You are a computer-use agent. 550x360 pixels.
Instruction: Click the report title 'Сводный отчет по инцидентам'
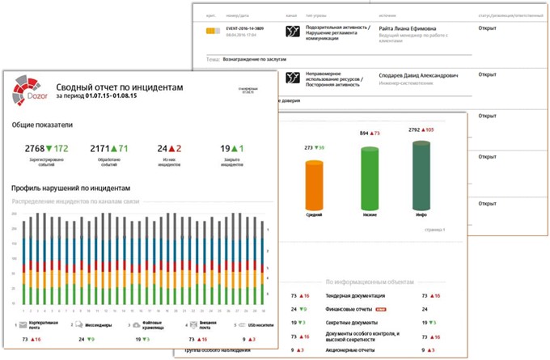120,87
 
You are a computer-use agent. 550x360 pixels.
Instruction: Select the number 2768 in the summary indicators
34,149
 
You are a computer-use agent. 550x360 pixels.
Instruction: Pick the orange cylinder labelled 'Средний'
313,186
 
